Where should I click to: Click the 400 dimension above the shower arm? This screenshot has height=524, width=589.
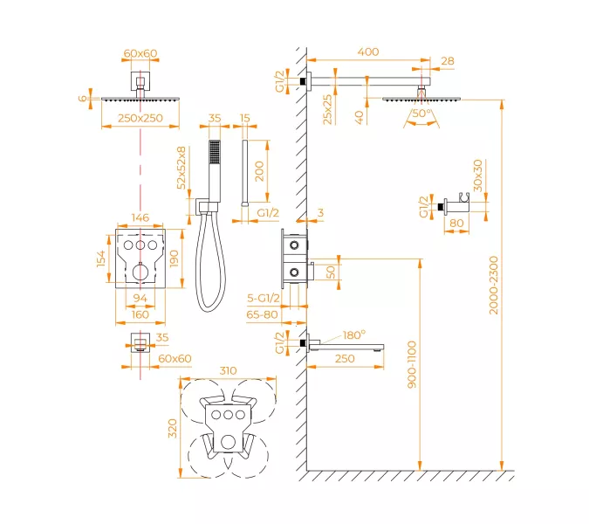coord(368,52)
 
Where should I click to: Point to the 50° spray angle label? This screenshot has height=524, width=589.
coord(421,114)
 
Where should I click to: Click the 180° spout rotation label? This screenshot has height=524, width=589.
coord(354,334)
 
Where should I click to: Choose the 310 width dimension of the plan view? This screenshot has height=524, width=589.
coord(228,370)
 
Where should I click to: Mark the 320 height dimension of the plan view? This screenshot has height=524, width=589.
coord(173,428)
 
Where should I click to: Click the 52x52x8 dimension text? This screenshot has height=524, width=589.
coord(181,169)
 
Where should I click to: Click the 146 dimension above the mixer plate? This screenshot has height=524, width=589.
coord(139,218)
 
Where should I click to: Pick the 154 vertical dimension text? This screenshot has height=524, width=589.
coord(101,259)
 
